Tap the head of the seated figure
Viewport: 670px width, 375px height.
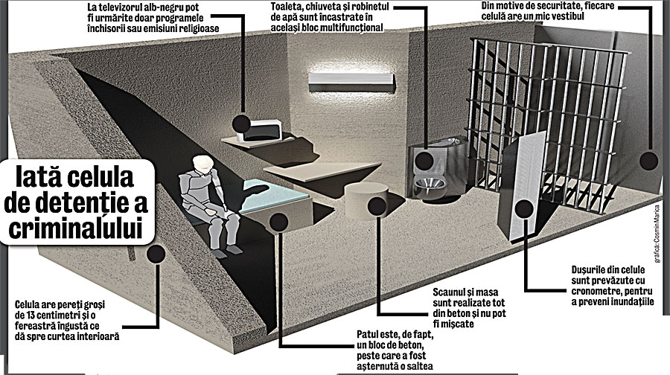point(202,164)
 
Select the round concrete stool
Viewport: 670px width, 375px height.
point(366,200)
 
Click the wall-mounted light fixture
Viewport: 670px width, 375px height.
point(351,83)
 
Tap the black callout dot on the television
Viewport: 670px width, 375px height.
point(241,124)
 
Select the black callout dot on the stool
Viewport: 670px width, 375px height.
point(377,206)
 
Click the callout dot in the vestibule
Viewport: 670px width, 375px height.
point(648,161)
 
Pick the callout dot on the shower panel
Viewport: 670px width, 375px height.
point(524,209)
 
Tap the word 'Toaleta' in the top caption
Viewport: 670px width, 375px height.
point(285,7)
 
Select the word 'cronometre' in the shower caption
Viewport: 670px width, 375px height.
point(596,291)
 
